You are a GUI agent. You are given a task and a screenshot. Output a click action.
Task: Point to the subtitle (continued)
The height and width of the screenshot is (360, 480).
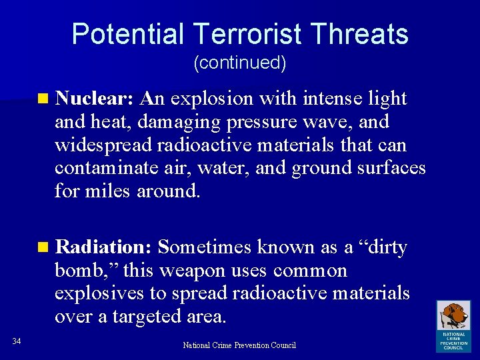coord(239,63)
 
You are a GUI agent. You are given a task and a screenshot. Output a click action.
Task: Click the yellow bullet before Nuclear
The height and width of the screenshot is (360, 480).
coord(43,99)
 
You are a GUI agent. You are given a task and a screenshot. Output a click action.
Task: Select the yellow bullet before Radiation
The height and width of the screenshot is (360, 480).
coord(43,248)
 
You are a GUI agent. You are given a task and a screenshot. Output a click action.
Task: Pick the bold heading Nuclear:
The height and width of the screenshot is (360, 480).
coord(96,99)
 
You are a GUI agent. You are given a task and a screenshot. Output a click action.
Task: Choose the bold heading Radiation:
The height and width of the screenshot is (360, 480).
coord(105,247)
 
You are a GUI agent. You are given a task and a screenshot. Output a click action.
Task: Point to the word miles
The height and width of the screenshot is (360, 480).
coord(109,191)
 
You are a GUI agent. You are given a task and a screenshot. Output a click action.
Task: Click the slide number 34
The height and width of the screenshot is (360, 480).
coord(17,342)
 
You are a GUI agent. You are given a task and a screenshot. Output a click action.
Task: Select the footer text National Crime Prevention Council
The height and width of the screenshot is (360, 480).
coord(239,345)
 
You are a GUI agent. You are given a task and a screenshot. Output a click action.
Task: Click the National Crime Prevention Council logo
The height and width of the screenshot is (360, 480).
coord(453,325)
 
